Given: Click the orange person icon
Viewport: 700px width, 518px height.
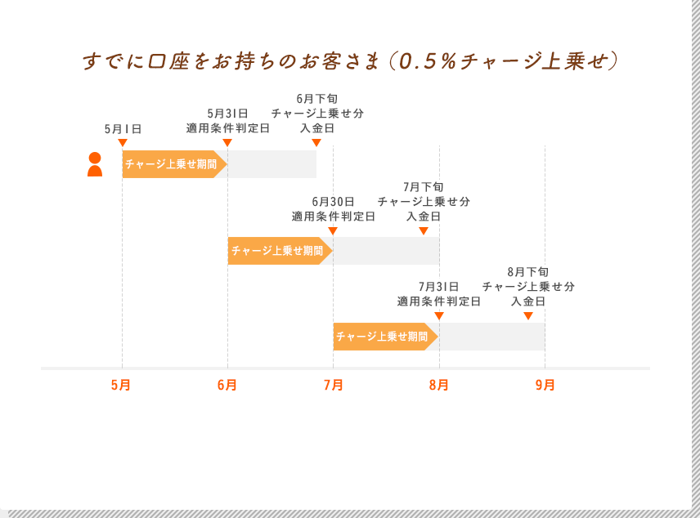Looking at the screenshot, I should pyautogui.click(x=95, y=164).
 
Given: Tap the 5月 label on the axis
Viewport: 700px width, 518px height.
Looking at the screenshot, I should pyautogui.click(x=121, y=385).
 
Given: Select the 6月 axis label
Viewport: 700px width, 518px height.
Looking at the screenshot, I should pyautogui.click(x=227, y=385).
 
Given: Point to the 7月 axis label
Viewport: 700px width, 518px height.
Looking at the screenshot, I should pyautogui.click(x=333, y=385).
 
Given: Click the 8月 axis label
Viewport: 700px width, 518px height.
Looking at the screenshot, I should pyautogui.click(x=438, y=385).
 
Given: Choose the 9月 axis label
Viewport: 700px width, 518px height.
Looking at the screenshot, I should pyautogui.click(x=545, y=385).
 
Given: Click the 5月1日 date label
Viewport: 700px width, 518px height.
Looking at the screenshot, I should pyautogui.click(x=123, y=129).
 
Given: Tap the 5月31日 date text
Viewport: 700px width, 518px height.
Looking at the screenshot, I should pyautogui.click(x=227, y=114).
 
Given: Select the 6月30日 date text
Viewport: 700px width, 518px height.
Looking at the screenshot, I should pyautogui.click(x=333, y=202).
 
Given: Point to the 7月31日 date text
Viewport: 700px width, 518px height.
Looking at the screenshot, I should pyautogui.click(x=438, y=287).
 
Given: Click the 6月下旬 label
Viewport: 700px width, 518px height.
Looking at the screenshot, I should pyautogui.click(x=316, y=99).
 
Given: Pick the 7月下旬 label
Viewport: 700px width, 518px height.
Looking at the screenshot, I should pyautogui.click(x=424, y=187).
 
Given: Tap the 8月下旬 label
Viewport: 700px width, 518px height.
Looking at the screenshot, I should pyautogui.click(x=528, y=272).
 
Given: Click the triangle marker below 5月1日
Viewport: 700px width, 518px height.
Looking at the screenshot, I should pyautogui.click(x=123, y=143).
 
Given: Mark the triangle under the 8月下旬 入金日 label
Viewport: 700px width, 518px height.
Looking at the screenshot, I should pyautogui.click(x=528, y=316).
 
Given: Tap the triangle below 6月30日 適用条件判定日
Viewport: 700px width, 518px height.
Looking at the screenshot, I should pyautogui.click(x=333, y=231).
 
